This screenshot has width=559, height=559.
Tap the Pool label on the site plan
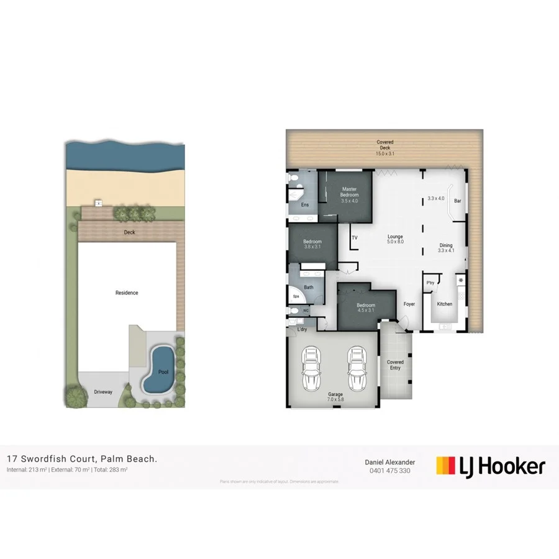pos(163,372)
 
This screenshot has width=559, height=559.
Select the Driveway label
pos(103,393)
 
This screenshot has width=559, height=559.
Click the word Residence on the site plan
pos(127,293)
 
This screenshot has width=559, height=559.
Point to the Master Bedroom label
pos(350,192)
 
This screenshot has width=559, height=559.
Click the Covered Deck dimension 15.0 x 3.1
pos(385,153)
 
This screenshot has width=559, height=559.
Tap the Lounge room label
pos(396,237)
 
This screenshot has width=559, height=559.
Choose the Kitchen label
pos(445,304)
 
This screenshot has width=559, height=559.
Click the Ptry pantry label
pos(430,283)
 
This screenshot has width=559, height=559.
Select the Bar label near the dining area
pos(458,201)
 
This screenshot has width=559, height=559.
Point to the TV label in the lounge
pos(355,238)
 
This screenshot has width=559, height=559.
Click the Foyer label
pos(409,304)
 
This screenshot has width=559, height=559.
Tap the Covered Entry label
pos(395,365)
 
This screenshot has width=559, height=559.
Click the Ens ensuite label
pos(305,205)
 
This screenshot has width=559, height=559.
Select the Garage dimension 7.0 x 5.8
pos(336,400)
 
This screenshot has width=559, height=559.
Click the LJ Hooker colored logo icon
pos(445,465)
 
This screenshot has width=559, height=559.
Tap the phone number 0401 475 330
pos(389,471)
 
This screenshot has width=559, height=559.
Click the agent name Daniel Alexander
pos(389,461)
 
